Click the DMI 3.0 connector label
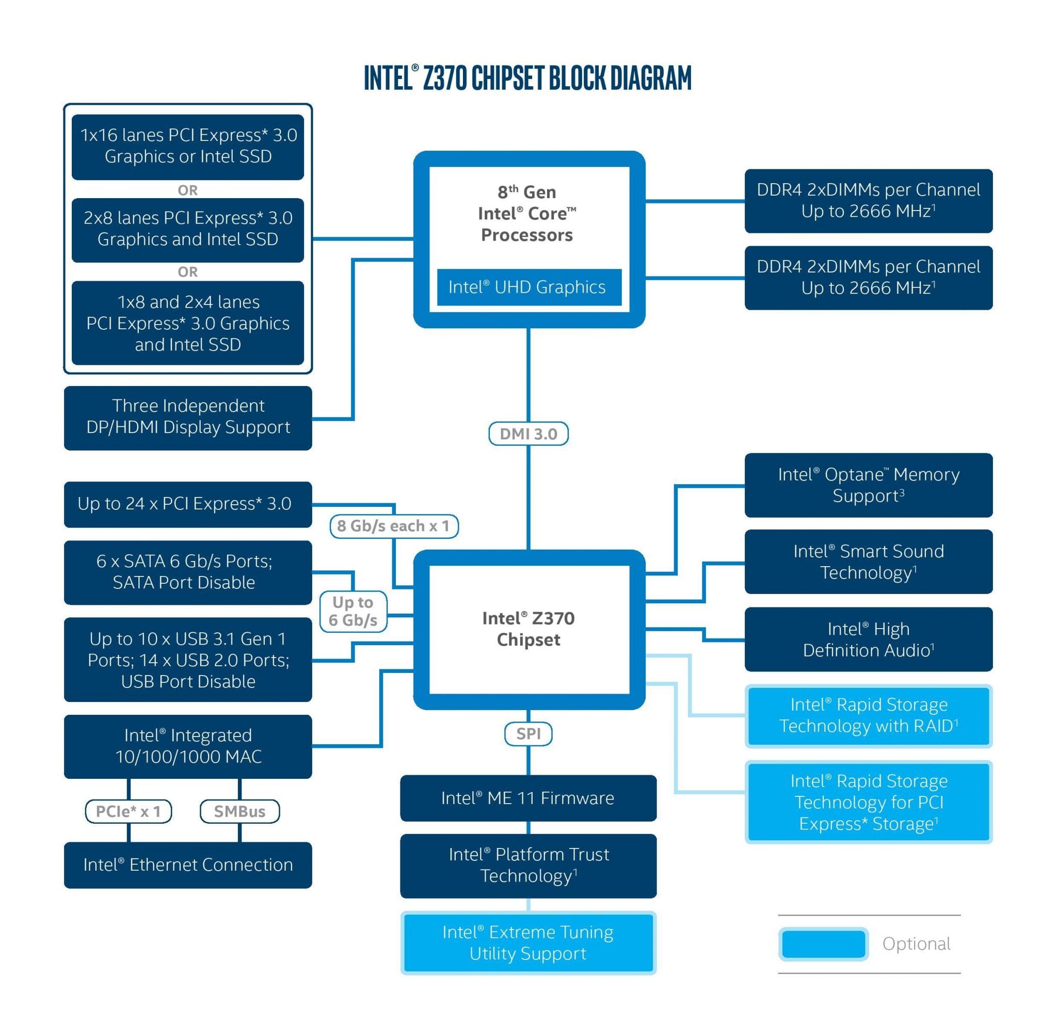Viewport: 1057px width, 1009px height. tap(527, 434)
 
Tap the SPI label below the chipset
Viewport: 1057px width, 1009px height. tap(527, 733)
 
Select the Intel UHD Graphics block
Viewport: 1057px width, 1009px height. tap(529, 286)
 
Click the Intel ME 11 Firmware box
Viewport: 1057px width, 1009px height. tap(527, 797)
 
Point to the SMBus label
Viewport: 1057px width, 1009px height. tap(239, 811)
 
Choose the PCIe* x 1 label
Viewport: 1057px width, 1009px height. tap(128, 811)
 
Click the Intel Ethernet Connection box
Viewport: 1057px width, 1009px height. tap(188, 865)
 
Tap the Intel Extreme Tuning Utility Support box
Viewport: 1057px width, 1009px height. tap(527, 942)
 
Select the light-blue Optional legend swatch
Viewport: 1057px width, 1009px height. tap(823, 943)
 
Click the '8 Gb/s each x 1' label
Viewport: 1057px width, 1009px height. tap(394, 525)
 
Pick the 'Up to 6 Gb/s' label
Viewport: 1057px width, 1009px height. tap(353, 611)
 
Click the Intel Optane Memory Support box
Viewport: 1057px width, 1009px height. tap(868, 485)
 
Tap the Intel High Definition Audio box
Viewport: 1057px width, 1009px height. tap(868, 639)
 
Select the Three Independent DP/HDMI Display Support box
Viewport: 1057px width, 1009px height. tap(188, 418)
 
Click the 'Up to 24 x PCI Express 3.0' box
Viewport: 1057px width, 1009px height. tap(188, 504)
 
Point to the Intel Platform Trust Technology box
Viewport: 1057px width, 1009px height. tap(527, 866)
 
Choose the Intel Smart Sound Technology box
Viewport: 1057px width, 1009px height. tap(868, 562)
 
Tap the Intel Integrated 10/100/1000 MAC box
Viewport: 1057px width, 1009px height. tap(188, 746)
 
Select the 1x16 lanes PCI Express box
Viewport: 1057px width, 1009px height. tap(188, 147)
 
